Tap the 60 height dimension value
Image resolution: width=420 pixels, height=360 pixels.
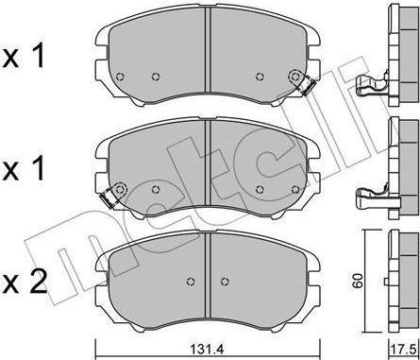click(358, 281)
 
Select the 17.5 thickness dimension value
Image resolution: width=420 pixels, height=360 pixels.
click(406, 350)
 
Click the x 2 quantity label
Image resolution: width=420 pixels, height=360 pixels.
click(25, 283)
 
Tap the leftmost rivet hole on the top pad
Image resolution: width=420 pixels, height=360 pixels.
click(120, 77)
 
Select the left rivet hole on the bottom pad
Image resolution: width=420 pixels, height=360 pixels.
click(191, 282)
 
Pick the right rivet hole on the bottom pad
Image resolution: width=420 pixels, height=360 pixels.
click(224, 282)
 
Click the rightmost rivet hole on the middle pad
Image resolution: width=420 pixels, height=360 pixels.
click(295, 189)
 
